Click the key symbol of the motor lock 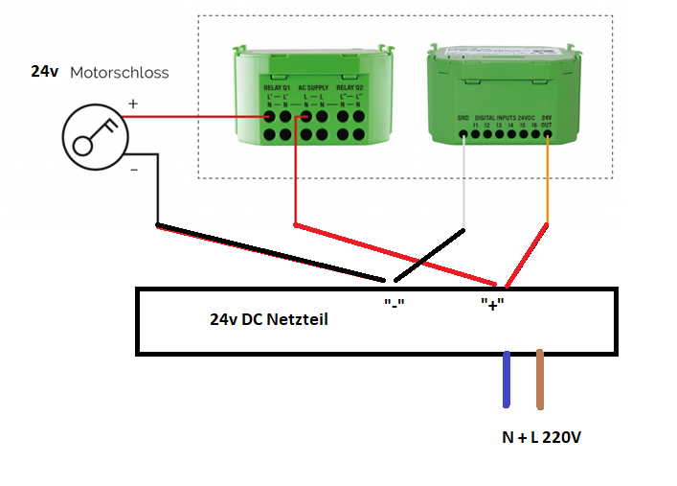94,135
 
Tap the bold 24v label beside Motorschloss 44,72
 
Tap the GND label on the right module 462,118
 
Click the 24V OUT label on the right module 547,121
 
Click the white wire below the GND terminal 463,182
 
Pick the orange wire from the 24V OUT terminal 547,182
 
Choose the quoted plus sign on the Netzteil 492,304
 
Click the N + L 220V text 542,437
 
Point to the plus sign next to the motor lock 133,104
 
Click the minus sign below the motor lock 133,170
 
